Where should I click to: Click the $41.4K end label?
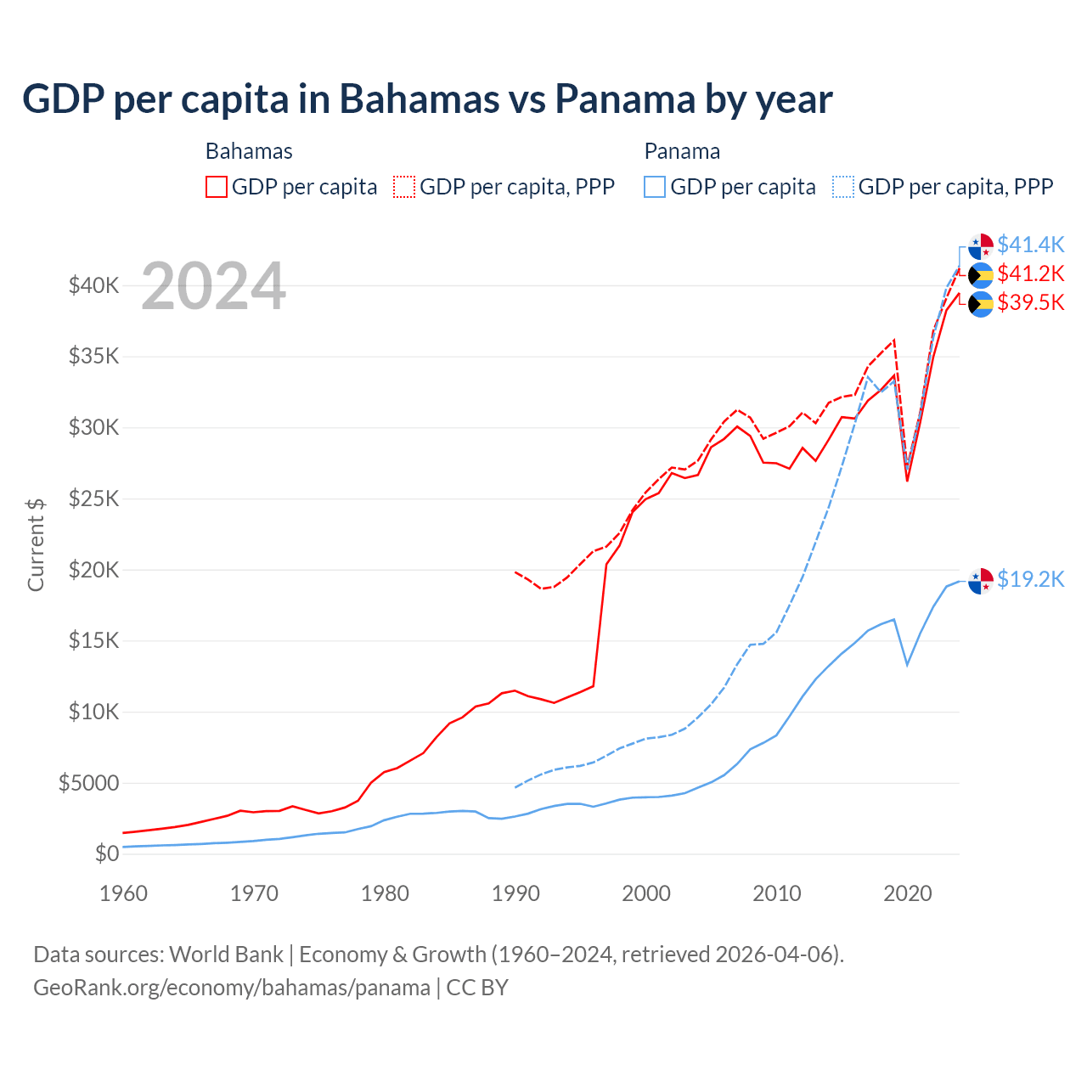tap(1030, 245)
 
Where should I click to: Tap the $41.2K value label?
tap(1030, 273)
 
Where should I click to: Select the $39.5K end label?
tap(1030, 302)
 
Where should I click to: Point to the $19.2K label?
tap(1030, 579)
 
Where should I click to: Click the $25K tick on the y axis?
tap(93, 498)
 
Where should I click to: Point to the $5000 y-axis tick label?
tap(88, 783)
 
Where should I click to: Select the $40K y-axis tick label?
tap(93, 285)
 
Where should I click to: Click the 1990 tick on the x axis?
tap(515, 893)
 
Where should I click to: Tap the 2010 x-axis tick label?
tap(777, 893)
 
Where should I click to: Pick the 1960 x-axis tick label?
tap(124, 893)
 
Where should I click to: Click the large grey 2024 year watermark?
tap(213, 286)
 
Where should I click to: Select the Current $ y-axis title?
tap(36, 545)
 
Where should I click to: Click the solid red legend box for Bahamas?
tap(217, 187)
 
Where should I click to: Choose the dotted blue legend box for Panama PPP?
tap(843, 187)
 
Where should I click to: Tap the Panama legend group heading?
tap(682, 151)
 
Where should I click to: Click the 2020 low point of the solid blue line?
tap(907, 665)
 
